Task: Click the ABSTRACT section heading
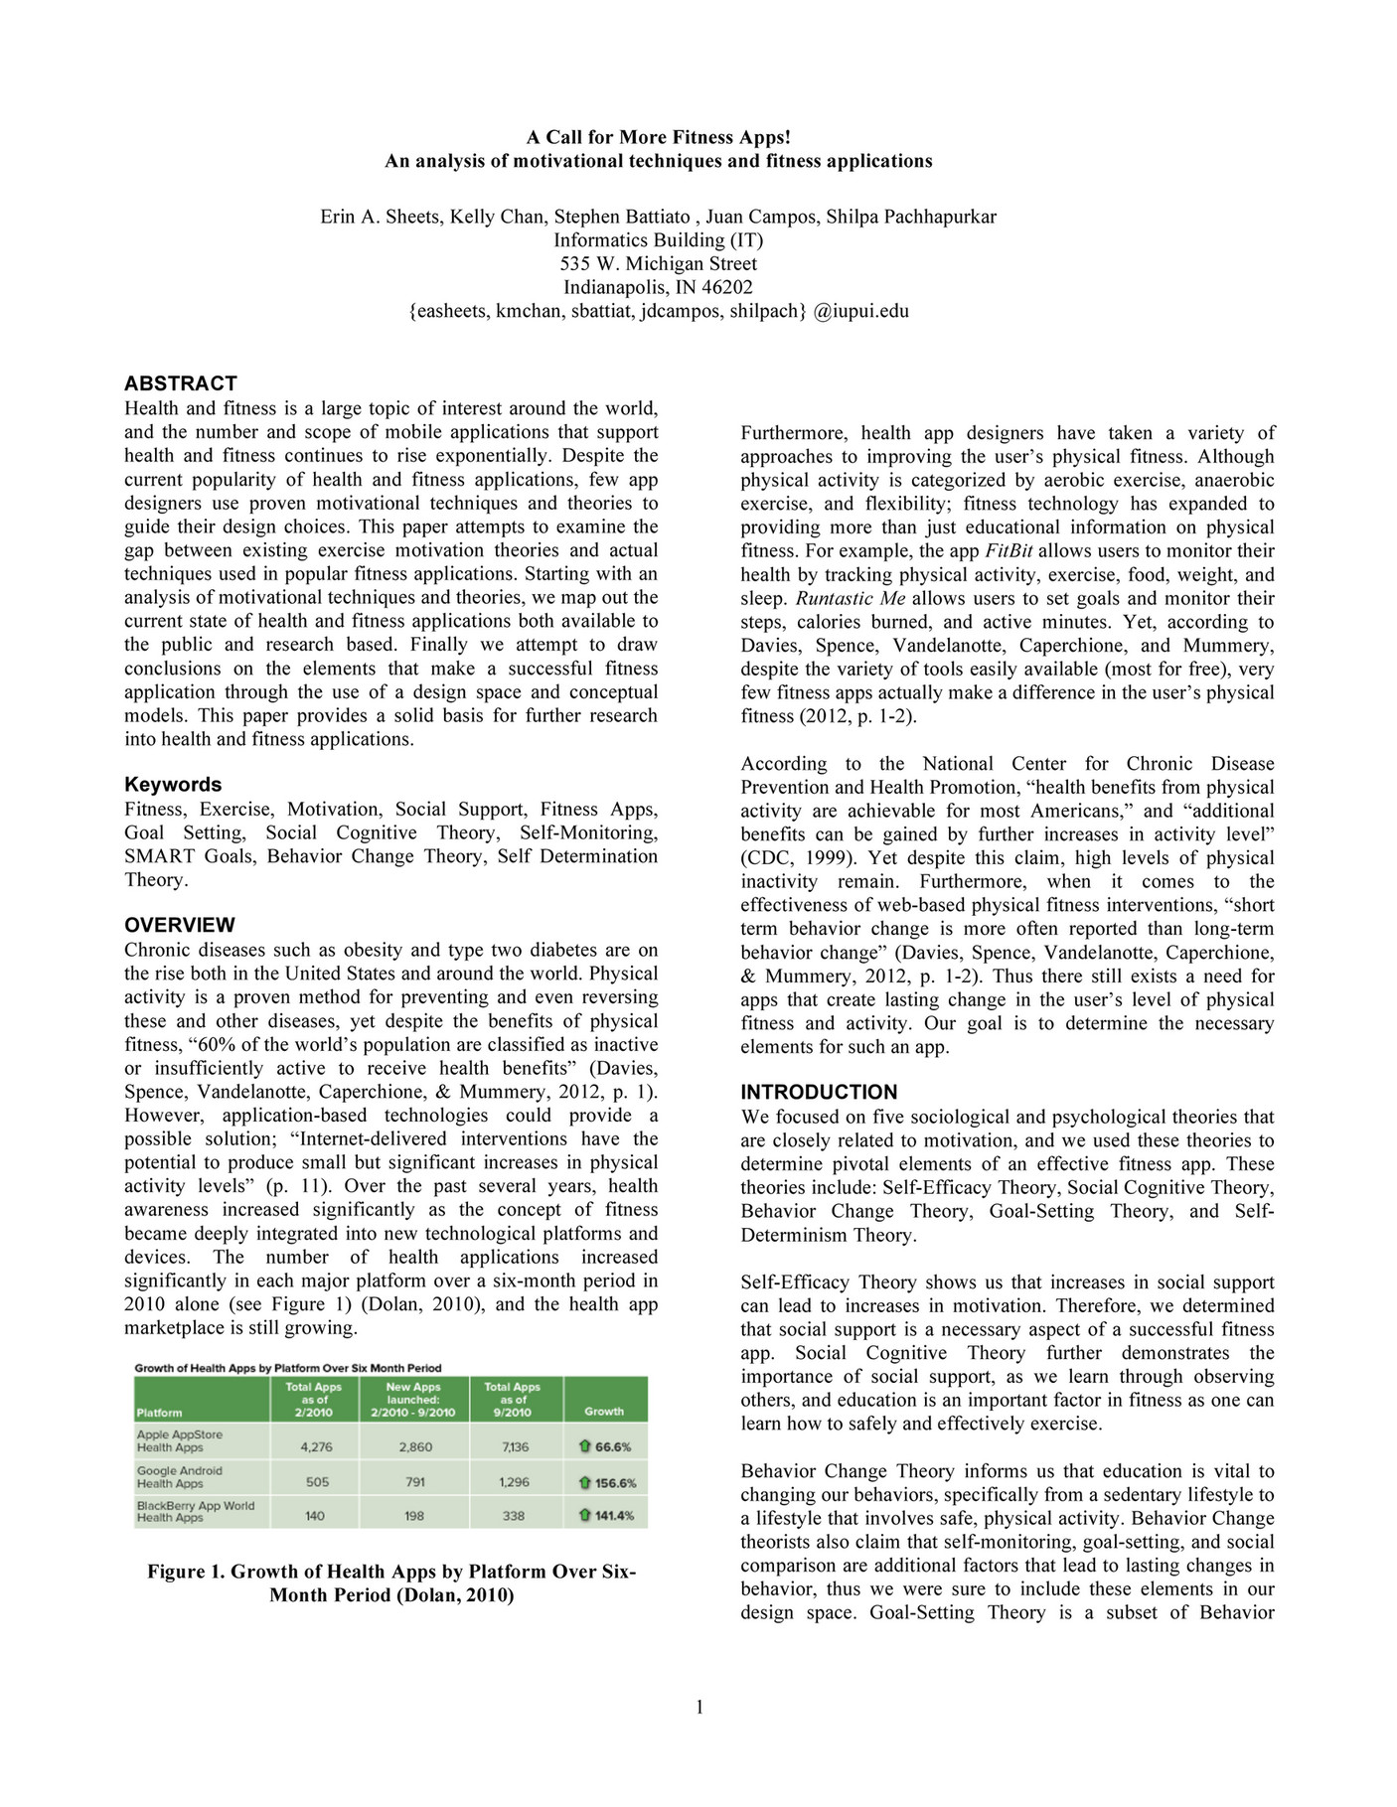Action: pos(180,383)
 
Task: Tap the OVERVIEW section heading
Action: pos(180,925)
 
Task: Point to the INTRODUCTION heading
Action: pos(819,1092)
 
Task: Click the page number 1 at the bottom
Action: pos(699,1708)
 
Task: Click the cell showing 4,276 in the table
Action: pos(316,1447)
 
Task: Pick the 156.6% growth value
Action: pos(615,1483)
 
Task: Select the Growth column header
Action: pos(603,1411)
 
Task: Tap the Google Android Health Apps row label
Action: pos(180,1477)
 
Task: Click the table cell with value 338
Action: pos(514,1516)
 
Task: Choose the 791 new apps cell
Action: pos(415,1482)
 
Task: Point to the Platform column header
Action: pos(160,1412)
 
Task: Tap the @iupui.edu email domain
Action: pos(860,311)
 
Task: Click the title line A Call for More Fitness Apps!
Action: pos(658,137)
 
